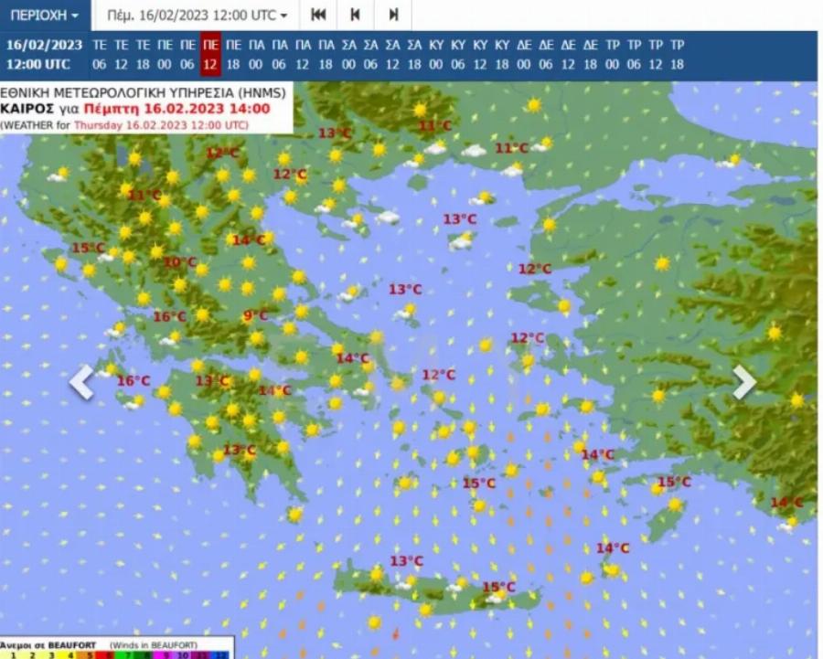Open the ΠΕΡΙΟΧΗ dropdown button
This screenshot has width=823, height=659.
coord(44,16)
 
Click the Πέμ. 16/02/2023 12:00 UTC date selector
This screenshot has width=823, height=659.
coord(197,16)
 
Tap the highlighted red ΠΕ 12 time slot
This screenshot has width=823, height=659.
coord(211,54)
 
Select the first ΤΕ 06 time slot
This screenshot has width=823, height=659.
coord(100,54)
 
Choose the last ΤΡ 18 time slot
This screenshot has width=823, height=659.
coord(677,54)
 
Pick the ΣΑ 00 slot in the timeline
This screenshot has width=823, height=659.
coord(349,54)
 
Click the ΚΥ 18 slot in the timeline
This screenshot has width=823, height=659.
coord(501,54)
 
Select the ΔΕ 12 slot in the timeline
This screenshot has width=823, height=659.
coord(568,54)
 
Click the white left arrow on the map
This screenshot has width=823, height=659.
coord(81,382)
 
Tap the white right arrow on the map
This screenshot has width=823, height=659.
coord(744,382)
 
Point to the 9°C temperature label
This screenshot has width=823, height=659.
coord(255,316)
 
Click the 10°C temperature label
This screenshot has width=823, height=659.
coord(179,262)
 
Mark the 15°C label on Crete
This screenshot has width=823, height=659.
coord(499,587)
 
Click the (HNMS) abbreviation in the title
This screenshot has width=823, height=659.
coord(260,92)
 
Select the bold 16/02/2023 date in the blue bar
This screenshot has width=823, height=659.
coord(44,44)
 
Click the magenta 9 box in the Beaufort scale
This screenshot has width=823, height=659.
coord(167,654)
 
